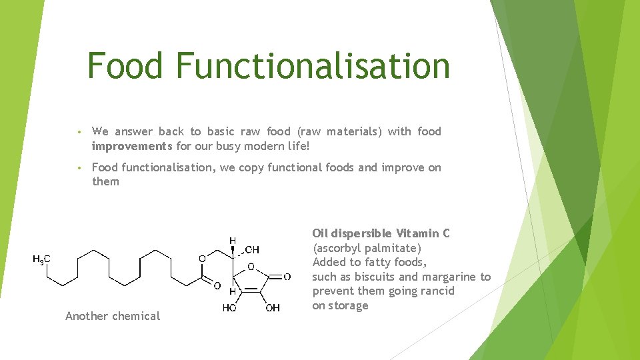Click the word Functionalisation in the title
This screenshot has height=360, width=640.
point(313,66)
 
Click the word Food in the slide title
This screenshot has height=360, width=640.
point(125,66)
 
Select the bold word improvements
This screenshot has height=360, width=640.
point(132,146)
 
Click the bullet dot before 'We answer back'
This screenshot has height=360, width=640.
point(78,132)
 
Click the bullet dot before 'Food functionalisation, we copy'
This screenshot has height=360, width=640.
point(78,168)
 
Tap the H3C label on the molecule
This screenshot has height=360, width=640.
point(42,259)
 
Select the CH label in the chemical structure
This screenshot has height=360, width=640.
point(252,249)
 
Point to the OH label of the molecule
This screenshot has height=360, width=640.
point(273,308)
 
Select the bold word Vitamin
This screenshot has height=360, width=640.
point(419,233)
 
